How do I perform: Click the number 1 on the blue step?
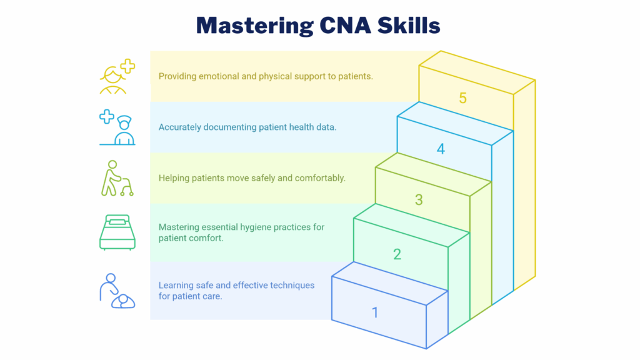375,312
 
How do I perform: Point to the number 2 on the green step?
397,254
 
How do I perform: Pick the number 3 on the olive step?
419,200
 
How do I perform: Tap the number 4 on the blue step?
441,149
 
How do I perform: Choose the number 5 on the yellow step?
462,98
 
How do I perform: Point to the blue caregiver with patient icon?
117,291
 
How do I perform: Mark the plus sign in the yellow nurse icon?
128,66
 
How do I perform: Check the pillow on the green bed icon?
117,222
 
